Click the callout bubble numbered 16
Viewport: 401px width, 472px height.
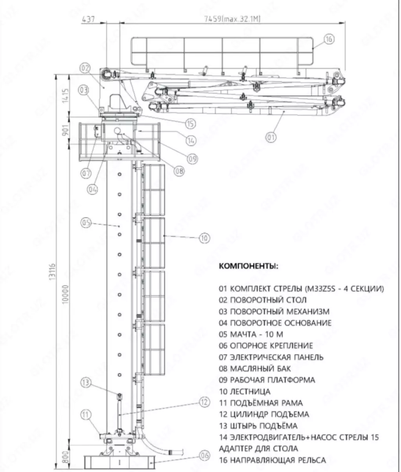pyautogui.click(x=329, y=39)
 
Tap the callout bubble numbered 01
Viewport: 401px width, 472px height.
pyautogui.click(x=271, y=137)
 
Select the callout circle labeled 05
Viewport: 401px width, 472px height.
pyautogui.click(x=86, y=223)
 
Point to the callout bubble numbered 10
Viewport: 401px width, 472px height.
pyautogui.click(x=204, y=238)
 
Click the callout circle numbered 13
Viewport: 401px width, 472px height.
pyautogui.click(x=86, y=382)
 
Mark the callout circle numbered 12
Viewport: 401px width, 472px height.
pyautogui.click(x=203, y=402)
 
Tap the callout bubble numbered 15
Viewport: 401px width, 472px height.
pyautogui.click(x=190, y=124)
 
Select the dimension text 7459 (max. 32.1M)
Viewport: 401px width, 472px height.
pyautogui.click(x=232, y=19)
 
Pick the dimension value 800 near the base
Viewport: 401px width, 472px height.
pyautogui.click(x=65, y=457)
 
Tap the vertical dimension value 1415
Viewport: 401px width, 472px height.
pyautogui.click(x=65, y=94)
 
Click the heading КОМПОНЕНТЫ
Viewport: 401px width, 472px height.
pyautogui.click(x=248, y=266)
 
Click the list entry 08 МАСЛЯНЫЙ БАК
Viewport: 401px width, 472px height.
pyautogui.click(x=255, y=369)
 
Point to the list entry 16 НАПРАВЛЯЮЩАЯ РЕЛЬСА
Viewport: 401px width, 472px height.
pyautogui.click(x=272, y=460)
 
